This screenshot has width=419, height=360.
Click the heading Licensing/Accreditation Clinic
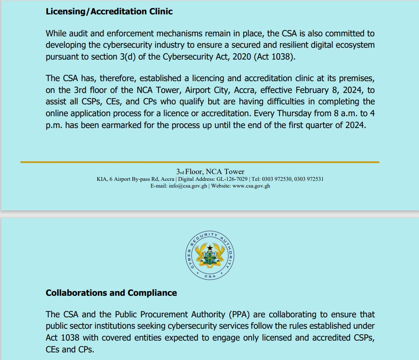click(109, 12)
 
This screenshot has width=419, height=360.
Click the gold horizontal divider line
click(199, 162)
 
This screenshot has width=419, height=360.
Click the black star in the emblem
click(210, 248)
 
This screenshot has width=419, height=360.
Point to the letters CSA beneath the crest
click(210, 276)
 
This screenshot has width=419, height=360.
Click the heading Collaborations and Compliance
click(111, 293)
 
